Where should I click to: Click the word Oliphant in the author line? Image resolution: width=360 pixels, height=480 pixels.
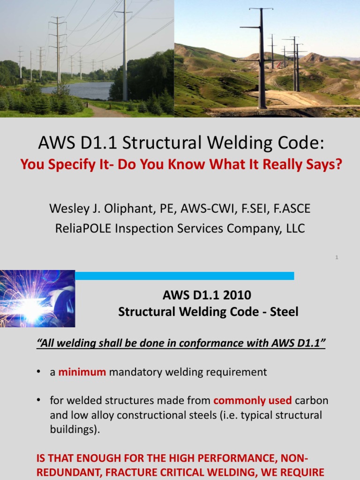115,209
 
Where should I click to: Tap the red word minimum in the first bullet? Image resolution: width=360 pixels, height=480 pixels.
82,372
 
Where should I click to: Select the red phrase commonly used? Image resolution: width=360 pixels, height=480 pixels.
253,401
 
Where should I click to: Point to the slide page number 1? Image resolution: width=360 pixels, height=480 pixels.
337,257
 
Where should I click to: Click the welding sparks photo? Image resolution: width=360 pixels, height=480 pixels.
37,299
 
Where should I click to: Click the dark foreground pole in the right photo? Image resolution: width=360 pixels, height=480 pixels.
262,61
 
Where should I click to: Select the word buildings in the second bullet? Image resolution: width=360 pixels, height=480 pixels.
74,430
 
